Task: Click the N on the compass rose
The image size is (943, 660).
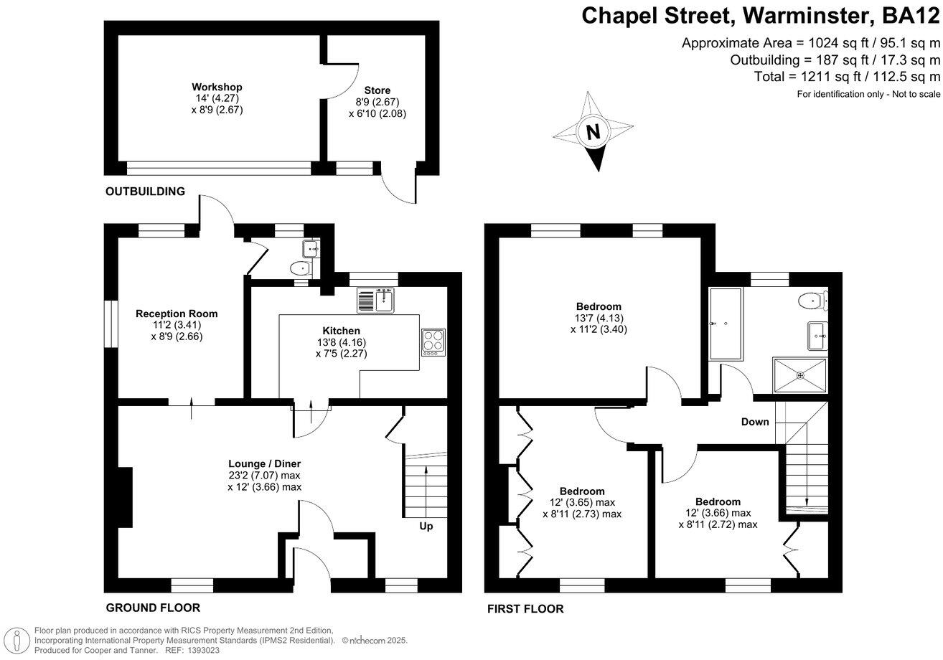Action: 594,132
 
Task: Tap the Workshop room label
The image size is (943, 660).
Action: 217,87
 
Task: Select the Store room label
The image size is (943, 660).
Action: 377,90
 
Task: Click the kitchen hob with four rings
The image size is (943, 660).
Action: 433,342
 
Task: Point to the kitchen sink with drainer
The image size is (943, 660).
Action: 375,301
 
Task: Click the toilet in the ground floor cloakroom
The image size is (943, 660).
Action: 301,268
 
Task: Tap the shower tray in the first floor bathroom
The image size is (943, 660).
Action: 800,375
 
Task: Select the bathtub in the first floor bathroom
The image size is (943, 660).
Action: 726,324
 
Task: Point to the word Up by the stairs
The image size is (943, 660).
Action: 426,527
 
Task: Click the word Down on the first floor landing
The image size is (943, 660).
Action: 755,422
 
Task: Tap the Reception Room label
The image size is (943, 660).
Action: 177,313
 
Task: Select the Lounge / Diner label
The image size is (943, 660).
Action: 264,464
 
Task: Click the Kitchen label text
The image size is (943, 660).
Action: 341,331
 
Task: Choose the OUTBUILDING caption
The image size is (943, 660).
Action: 145,192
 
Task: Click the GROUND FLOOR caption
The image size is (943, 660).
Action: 153,608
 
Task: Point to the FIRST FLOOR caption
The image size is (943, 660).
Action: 525,608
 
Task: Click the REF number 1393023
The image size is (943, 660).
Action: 204,651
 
